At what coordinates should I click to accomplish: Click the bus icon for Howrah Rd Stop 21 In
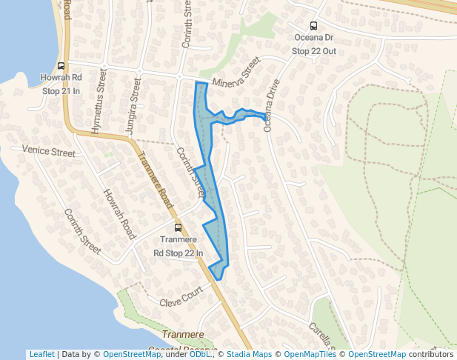61,65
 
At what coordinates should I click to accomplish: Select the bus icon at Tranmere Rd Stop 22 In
177,229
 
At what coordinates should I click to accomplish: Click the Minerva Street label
236,73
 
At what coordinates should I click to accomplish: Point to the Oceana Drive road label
268,105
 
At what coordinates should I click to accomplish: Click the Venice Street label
48,152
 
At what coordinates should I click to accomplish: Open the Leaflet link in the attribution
41,354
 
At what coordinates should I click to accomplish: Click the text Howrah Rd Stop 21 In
61,84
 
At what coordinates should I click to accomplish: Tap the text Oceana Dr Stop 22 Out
313,44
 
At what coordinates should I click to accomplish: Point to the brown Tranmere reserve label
182,336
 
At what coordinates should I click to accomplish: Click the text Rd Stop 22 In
178,253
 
